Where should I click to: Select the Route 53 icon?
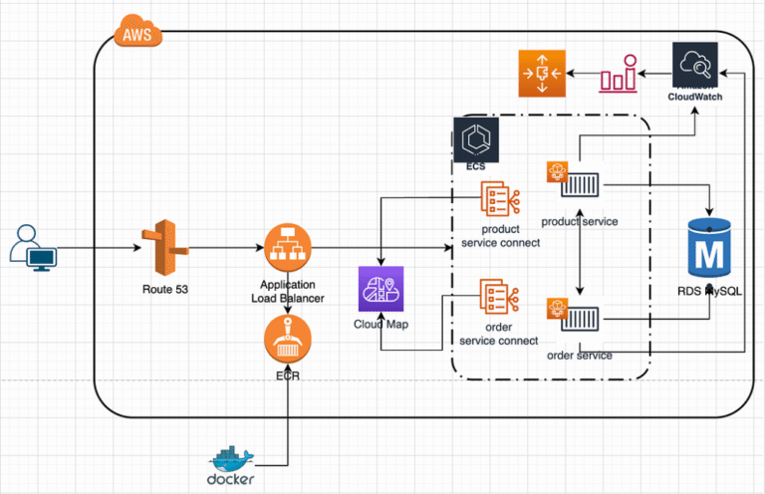point(159,248)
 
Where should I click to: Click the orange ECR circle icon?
point(288,343)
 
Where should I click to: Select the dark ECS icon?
point(476,139)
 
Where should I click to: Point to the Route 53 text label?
point(159,290)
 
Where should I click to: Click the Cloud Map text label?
point(382,325)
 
